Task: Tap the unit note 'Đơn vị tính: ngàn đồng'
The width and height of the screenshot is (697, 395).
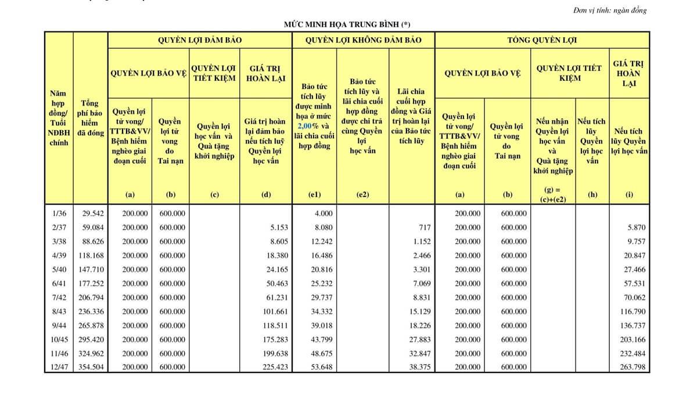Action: (x=609, y=10)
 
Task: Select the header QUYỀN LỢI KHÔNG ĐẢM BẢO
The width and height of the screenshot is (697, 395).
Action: (x=363, y=40)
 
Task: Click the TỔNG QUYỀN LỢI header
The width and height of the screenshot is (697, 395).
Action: (x=542, y=40)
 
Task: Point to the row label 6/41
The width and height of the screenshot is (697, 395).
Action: (x=59, y=283)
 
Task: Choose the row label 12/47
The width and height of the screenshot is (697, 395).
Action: (x=59, y=367)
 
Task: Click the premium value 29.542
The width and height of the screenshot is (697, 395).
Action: (x=92, y=213)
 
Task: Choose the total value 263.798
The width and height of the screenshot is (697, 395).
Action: (x=633, y=367)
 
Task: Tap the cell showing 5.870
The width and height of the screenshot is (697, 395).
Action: (x=637, y=227)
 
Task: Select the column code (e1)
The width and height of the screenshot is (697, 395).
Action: (x=314, y=195)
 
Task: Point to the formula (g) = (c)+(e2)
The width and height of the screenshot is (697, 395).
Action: (x=552, y=195)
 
